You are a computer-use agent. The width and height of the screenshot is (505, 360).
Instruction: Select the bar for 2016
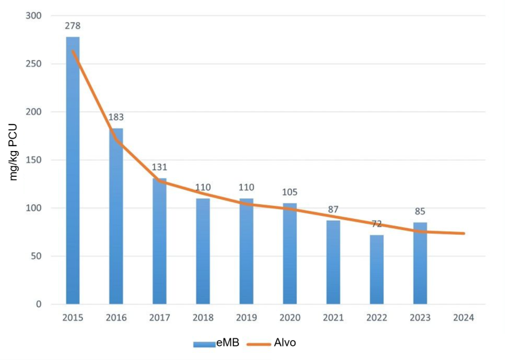[116, 216]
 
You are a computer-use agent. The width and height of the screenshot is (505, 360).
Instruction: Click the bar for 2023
[420, 263]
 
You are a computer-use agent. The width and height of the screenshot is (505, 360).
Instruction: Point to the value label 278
[73, 26]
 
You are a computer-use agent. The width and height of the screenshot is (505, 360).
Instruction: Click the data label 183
[116, 117]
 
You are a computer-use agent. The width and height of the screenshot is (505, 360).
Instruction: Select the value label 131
[160, 167]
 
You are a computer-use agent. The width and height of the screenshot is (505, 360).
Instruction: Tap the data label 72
[377, 224]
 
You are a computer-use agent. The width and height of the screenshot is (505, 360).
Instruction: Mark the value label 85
[420, 211]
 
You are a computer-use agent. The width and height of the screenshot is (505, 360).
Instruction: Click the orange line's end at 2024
[464, 233]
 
